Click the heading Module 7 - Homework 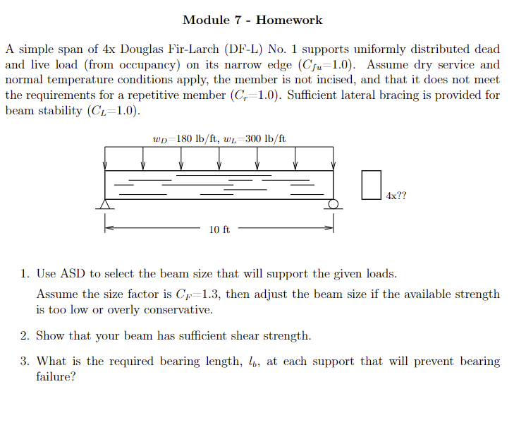252,20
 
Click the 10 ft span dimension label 219,229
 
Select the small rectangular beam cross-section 371,184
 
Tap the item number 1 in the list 23,274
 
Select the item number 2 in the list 23,335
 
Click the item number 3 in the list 23,361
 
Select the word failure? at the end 56,377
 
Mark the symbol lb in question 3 253,362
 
